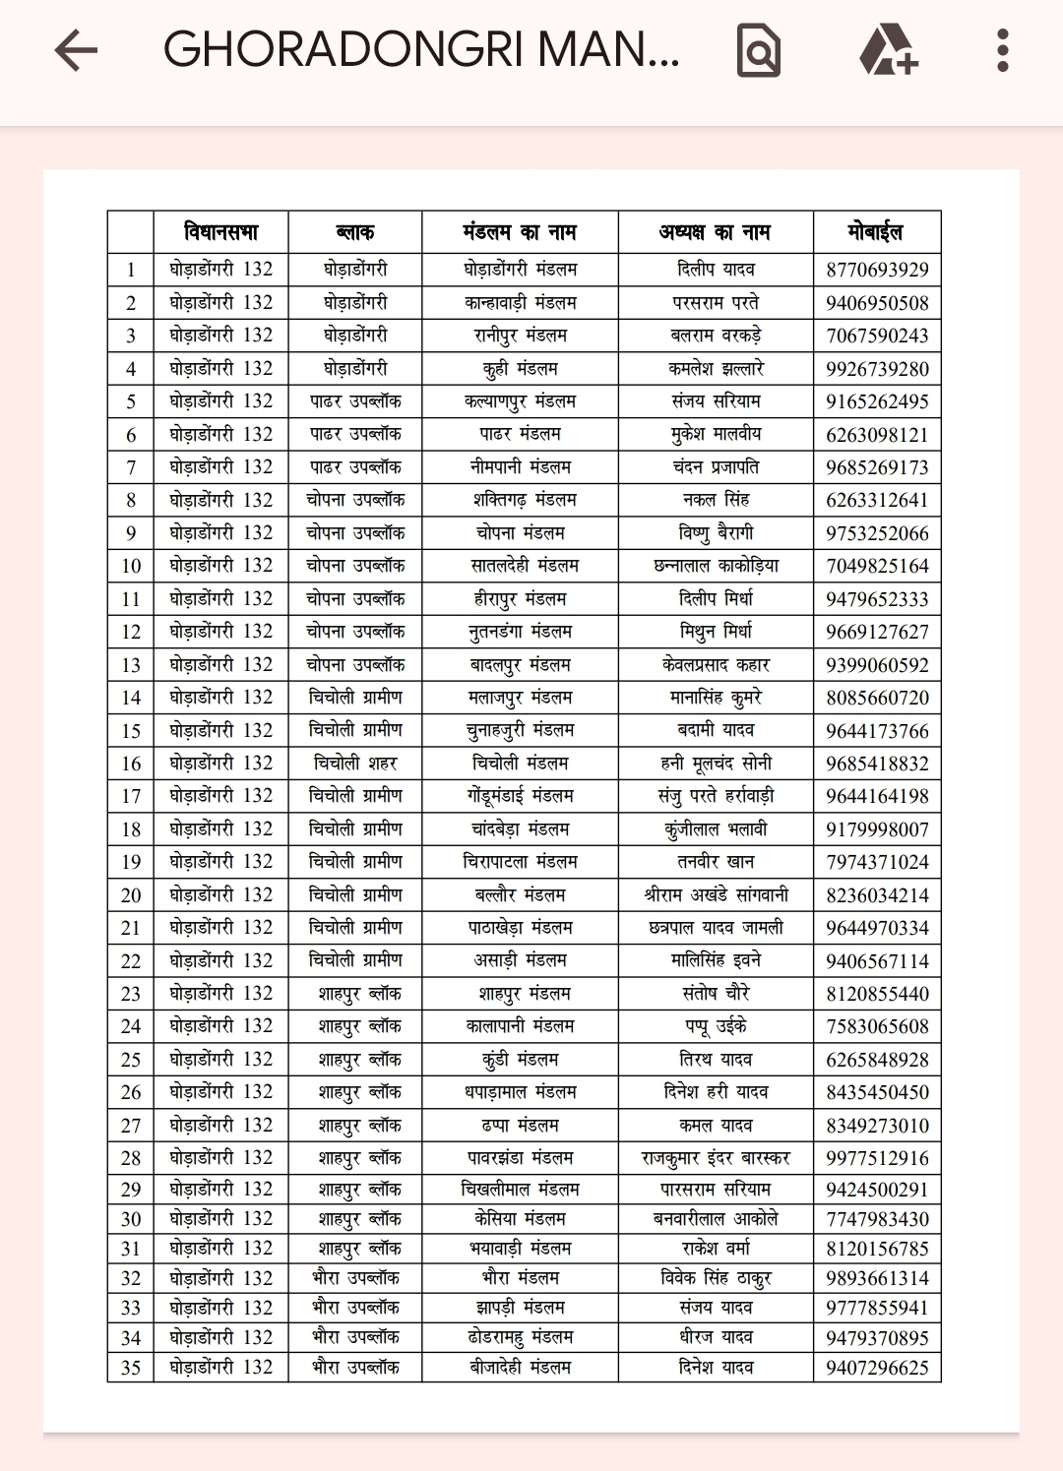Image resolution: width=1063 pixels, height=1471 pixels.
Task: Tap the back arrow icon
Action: click(x=76, y=50)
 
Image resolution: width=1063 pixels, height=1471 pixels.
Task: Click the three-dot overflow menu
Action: click(x=1002, y=50)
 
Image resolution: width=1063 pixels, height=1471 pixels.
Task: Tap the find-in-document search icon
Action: click(x=758, y=50)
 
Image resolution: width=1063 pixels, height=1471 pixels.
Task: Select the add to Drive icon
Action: click(x=888, y=50)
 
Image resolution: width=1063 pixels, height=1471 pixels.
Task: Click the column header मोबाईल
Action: click(x=875, y=232)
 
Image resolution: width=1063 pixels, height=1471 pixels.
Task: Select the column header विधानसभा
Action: click(x=220, y=232)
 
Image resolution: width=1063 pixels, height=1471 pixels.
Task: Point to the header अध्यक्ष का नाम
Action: click(x=715, y=232)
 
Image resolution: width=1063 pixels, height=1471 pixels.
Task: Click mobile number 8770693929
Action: click(x=877, y=270)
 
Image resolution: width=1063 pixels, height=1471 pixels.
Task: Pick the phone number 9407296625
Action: click(x=877, y=1368)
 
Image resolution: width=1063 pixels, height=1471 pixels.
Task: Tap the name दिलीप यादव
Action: click(x=716, y=270)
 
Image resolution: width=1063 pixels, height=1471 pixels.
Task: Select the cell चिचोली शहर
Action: click(x=354, y=764)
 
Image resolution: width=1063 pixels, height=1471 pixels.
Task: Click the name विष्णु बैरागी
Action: click(x=716, y=533)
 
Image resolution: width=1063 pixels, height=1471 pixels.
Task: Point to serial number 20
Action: click(x=131, y=895)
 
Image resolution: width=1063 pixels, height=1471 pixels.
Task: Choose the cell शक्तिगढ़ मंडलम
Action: click(x=520, y=500)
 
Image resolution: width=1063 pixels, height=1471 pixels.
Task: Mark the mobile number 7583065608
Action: click(x=877, y=1026)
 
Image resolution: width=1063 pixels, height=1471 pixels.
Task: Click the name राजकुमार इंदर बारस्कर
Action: click(x=716, y=1158)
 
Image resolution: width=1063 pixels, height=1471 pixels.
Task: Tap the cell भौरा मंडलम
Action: click(x=520, y=1278)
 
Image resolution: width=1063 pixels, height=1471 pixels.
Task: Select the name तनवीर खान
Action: click(x=716, y=862)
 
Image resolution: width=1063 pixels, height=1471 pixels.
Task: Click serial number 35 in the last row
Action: click(x=131, y=1368)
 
